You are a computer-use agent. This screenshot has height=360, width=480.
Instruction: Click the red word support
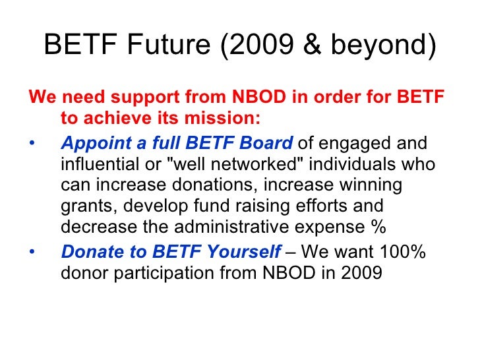137,99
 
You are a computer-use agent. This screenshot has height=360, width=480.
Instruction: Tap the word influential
98,164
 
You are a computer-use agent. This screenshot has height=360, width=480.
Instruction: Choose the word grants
82,206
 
